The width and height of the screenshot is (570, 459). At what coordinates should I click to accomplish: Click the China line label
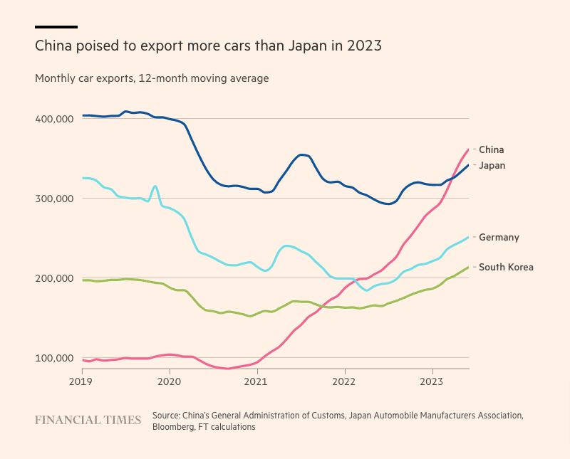[491, 149]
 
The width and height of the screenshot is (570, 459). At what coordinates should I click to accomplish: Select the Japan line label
[492, 165]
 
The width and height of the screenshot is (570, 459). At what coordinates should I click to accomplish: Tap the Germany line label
[499, 238]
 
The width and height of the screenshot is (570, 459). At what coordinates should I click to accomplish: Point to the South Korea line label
[506, 268]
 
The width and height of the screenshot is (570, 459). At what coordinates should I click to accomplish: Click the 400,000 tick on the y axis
[54, 119]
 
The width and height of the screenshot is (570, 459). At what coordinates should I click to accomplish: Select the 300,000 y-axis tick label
[54, 199]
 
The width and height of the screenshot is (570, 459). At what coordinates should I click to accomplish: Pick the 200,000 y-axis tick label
[54, 278]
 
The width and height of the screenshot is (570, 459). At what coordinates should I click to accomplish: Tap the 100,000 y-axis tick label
[54, 358]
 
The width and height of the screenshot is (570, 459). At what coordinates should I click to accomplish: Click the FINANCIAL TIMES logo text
[88, 420]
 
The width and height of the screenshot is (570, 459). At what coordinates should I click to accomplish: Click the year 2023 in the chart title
[365, 46]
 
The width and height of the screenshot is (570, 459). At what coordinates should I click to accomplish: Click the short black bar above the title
[56, 27]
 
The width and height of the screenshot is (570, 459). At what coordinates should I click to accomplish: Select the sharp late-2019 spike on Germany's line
[155, 186]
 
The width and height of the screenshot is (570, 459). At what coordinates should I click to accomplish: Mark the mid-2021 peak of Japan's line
[302, 154]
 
